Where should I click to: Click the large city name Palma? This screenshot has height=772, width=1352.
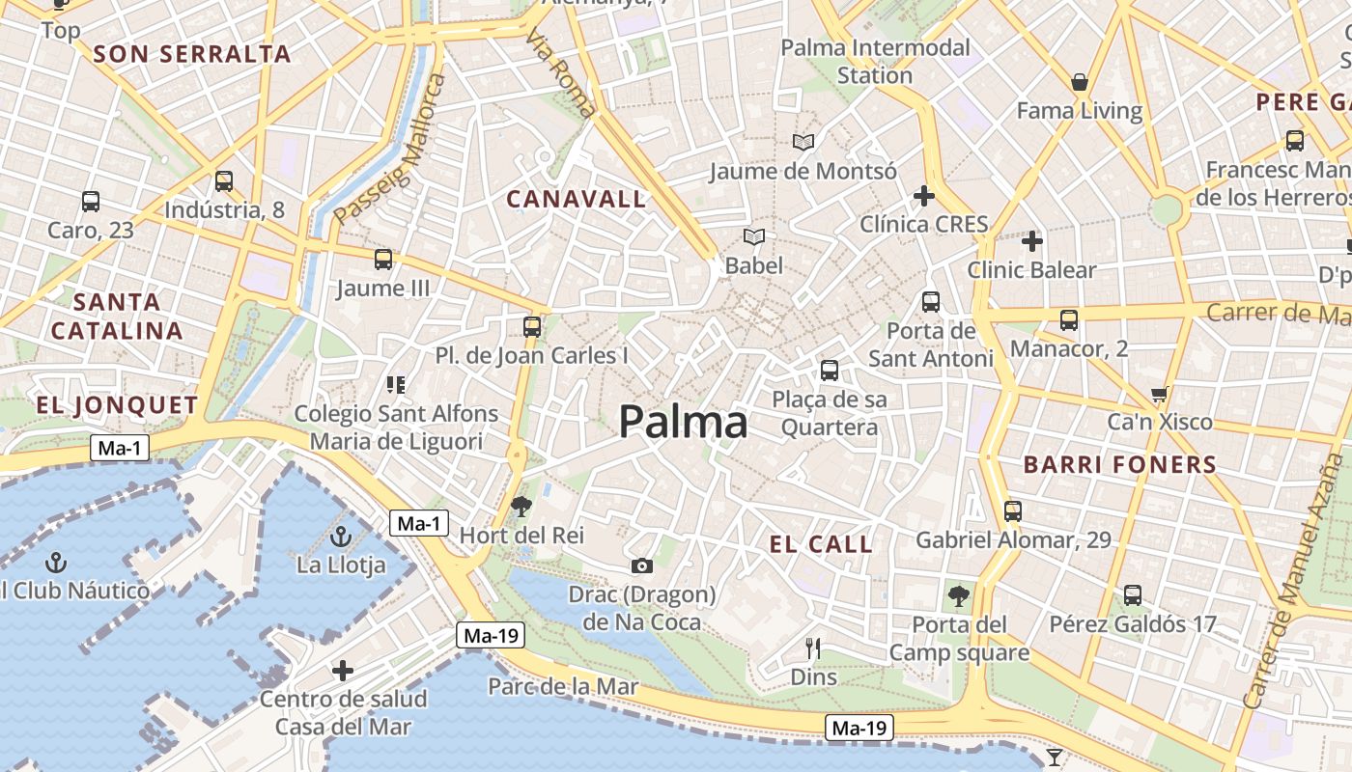point(683,423)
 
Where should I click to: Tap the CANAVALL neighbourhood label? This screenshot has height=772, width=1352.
point(577,200)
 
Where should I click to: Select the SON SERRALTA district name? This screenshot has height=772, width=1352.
point(193,54)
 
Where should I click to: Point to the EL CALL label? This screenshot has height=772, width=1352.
point(821,544)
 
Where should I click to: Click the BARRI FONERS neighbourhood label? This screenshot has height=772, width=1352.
point(1119,465)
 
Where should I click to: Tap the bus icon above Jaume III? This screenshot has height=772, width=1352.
point(383,259)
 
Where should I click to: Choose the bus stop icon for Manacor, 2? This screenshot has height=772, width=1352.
point(1068,320)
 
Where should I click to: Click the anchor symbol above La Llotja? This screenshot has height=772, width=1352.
point(340,537)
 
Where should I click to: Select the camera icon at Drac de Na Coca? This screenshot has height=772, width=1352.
point(641,565)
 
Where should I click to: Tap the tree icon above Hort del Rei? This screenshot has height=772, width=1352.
point(521,505)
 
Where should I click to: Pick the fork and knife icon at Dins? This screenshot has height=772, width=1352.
point(813,648)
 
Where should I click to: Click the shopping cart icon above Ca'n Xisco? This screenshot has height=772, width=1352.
point(1159,394)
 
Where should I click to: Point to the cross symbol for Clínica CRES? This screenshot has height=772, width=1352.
point(924,196)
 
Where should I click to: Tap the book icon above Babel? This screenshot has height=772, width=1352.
point(754,236)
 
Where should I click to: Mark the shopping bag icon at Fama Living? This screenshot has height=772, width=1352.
point(1080,82)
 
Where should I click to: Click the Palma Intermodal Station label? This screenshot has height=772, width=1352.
point(875,61)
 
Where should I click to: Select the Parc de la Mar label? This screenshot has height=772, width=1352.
point(563,686)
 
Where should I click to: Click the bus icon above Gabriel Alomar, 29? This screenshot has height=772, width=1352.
point(1013,510)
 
